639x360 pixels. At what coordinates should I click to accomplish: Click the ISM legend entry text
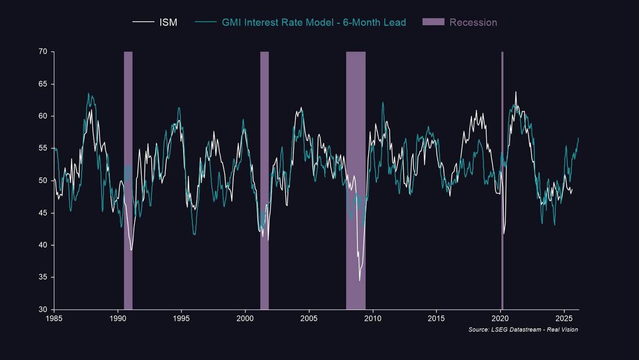point(168,22)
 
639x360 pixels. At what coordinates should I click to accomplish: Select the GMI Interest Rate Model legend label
point(314,22)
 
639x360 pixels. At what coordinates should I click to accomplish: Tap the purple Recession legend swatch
point(433,22)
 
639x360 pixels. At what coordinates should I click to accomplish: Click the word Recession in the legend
point(473,22)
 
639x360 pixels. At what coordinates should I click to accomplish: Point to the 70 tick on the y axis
point(43,52)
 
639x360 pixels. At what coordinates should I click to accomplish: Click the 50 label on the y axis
point(43,181)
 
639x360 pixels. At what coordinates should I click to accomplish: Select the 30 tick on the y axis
point(43,309)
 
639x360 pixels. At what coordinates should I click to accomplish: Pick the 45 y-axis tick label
point(43,213)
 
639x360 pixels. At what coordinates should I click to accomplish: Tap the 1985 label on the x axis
point(54,318)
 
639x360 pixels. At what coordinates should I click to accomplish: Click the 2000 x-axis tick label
point(245,318)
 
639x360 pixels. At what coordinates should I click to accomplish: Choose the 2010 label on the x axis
point(373,318)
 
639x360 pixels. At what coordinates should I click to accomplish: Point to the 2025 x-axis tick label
point(564,318)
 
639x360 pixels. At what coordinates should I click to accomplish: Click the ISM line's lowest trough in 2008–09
point(359,280)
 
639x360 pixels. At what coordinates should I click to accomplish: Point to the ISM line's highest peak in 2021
point(515,92)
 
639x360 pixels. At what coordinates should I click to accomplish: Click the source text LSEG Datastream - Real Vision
point(523,330)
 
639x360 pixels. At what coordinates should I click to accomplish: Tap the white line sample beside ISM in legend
point(143,22)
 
